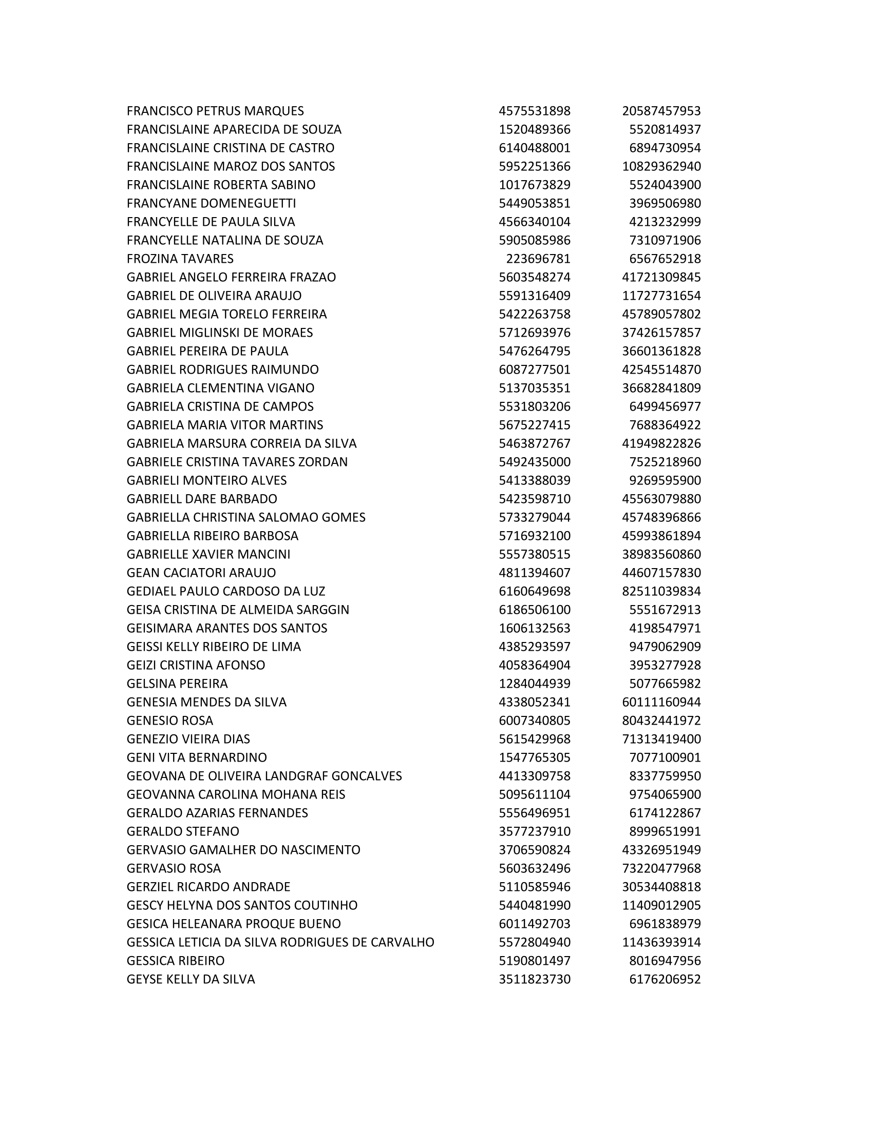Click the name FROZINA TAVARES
tap(180, 259)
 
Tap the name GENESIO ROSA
tap(169, 720)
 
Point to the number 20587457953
tap(661, 111)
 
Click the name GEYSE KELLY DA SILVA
tap(191, 979)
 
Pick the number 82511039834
tap(661, 591)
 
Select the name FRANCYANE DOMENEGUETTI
tap(211, 203)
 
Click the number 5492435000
tap(534, 462)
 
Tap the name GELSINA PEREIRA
tap(177, 684)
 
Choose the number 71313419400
tap(661, 738)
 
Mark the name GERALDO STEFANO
tap(183, 831)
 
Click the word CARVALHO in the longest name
tap(403, 942)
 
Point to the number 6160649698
tap(534, 591)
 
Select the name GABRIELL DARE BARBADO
tap(202, 499)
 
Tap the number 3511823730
tap(534, 979)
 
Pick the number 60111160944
tap(661, 702)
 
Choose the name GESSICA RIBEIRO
tap(175, 961)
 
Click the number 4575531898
tap(534, 111)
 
